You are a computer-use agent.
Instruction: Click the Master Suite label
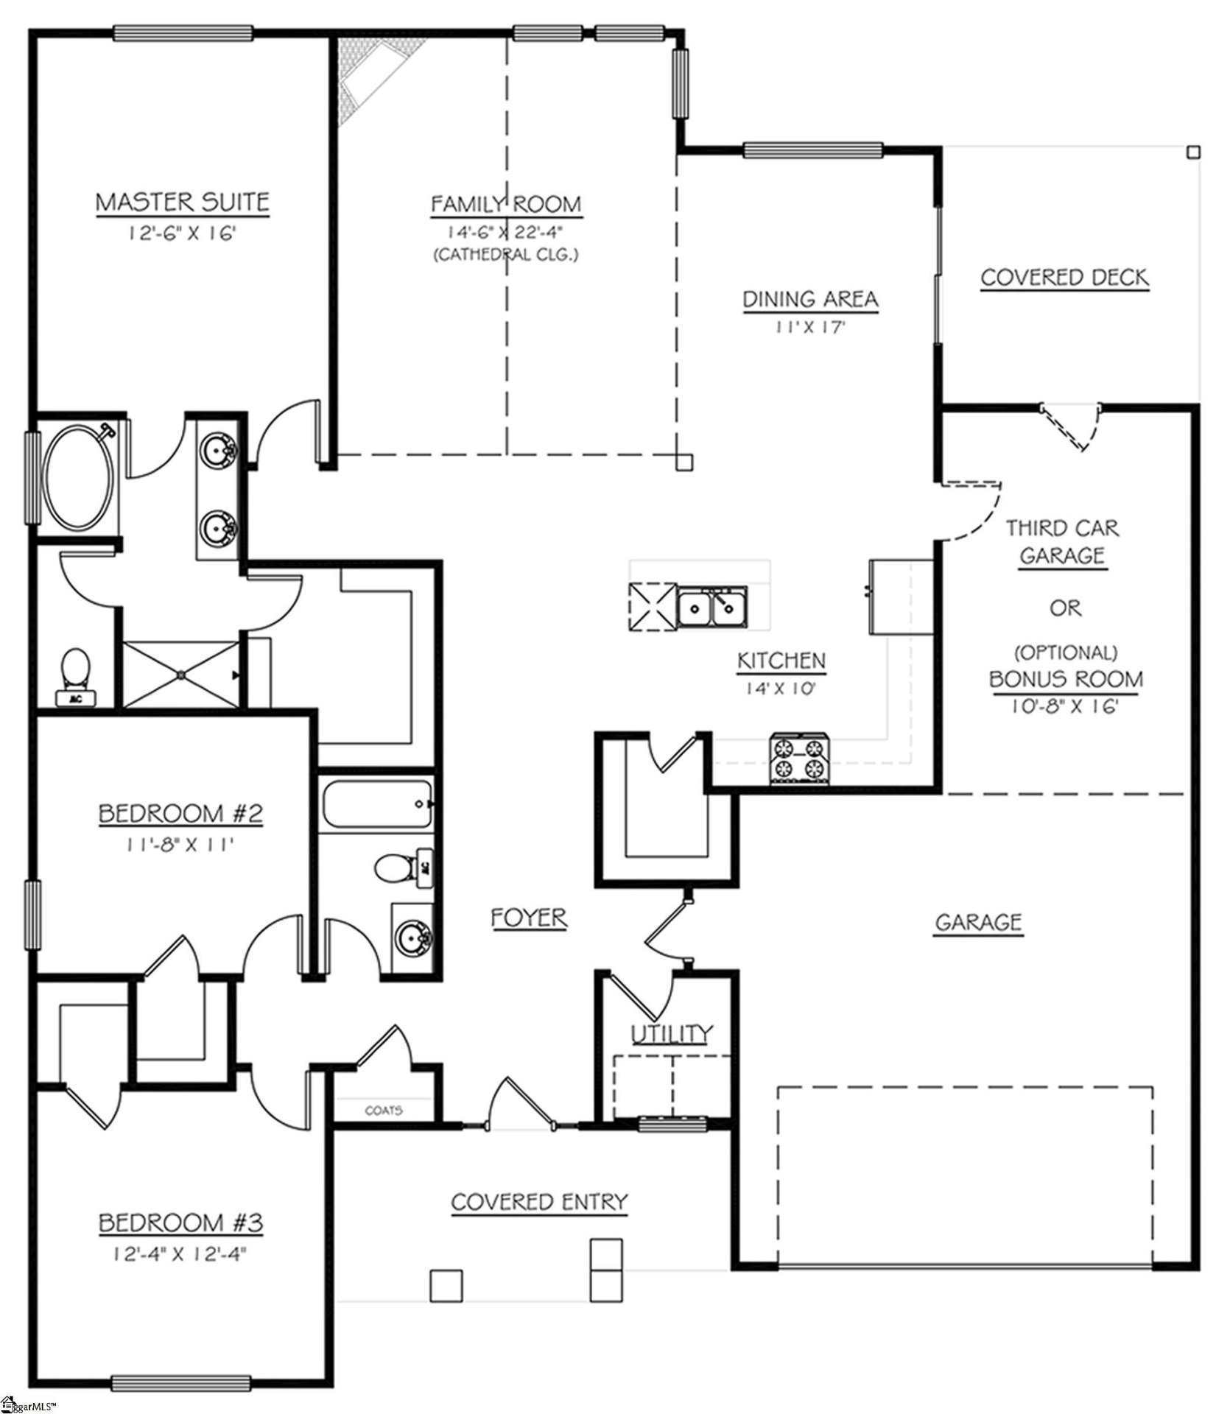(183, 202)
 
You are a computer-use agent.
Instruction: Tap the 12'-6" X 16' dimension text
(181, 234)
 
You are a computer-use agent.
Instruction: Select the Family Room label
(506, 204)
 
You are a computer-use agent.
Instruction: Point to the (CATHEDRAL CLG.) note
(506, 255)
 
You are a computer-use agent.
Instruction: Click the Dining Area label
(810, 300)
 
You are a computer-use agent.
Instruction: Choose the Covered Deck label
(1064, 278)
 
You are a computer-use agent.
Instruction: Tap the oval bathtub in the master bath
(79, 479)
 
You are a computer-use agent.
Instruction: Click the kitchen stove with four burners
(800, 759)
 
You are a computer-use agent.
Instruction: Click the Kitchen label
(781, 661)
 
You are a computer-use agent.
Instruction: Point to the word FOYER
(529, 918)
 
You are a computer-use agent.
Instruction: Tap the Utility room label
(672, 1034)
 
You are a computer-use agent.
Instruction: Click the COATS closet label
(384, 1110)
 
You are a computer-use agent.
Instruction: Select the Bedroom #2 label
(180, 814)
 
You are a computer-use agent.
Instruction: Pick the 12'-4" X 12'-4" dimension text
(180, 1254)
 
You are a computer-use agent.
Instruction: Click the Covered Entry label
(539, 1203)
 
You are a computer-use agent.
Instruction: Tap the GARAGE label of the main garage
(978, 922)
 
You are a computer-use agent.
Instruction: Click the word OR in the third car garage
(1065, 608)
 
